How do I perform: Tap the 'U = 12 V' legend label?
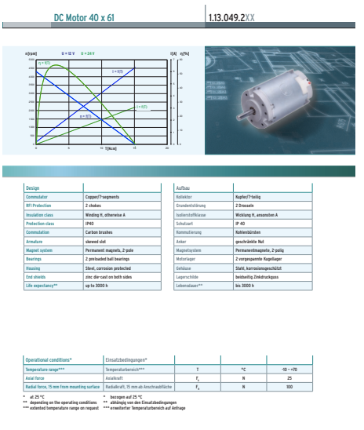[x=67, y=53]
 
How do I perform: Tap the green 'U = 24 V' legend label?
[x=88, y=53]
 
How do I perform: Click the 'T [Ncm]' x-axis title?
[x=110, y=148]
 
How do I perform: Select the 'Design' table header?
[x=32, y=188]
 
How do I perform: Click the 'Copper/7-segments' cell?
[x=102, y=196]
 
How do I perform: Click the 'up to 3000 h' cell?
[x=97, y=285]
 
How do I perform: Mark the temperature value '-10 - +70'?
[x=289, y=368]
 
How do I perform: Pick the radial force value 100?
[x=289, y=386]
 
